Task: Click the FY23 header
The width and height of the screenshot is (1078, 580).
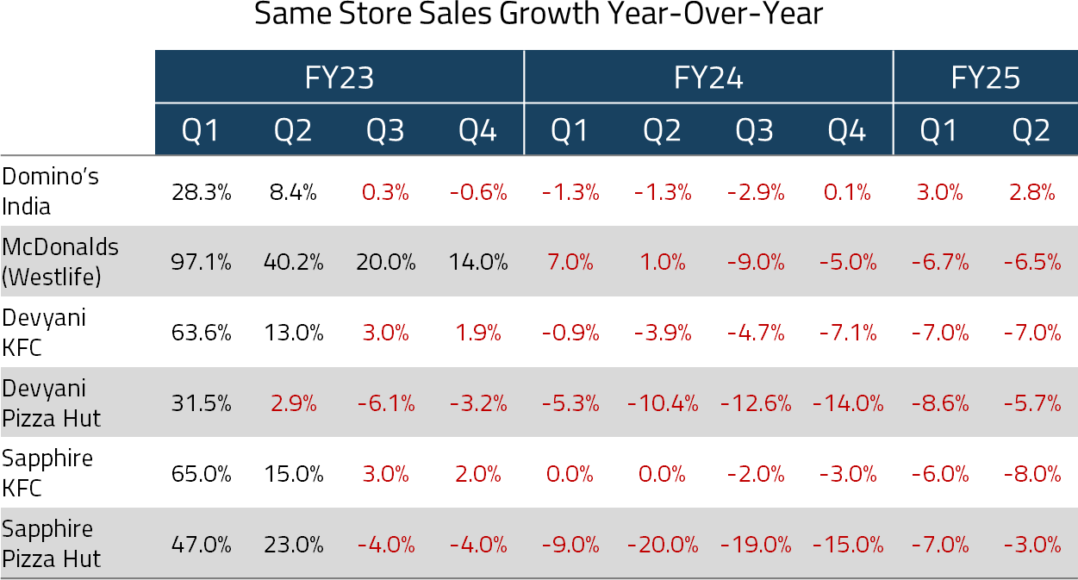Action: tap(339, 78)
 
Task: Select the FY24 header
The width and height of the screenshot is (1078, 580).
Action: tap(708, 78)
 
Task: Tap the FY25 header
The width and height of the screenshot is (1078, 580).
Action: tap(985, 78)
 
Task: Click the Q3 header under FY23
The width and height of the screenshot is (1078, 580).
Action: tap(385, 131)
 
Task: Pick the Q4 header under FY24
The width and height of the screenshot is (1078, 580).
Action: tap(847, 131)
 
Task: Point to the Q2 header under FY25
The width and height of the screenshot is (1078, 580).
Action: tap(1031, 131)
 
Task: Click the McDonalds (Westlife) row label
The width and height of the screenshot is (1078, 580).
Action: tap(60, 262)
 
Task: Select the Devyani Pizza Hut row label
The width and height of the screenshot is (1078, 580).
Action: tap(52, 403)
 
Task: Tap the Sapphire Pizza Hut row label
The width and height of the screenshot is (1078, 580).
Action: tap(52, 544)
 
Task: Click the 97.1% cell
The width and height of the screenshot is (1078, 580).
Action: tap(201, 263)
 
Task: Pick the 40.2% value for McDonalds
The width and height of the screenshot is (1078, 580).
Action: tap(293, 263)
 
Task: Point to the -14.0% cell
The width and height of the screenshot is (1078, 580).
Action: tap(848, 403)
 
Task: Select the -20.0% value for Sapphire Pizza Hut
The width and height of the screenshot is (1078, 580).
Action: tap(663, 545)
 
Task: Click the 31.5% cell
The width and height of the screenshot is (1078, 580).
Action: tap(201, 403)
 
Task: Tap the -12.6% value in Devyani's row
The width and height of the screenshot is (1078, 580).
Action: tap(755, 403)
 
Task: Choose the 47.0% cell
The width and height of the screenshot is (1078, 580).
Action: tap(201, 545)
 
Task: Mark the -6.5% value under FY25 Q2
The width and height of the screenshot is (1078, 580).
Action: tap(1032, 263)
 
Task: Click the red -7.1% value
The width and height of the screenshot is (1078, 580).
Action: tap(848, 333)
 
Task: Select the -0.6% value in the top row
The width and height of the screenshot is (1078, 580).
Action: tap(478, 192)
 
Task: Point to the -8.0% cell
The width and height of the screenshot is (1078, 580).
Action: tap(1032, 474)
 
